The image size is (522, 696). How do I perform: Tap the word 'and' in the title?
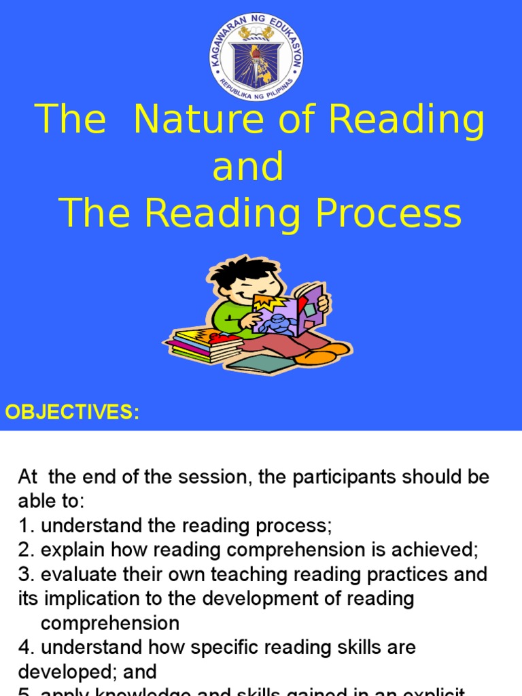coord(247,167)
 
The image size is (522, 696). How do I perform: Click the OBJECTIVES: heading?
coord(72,412)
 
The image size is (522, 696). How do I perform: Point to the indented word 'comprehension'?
coord(110,623)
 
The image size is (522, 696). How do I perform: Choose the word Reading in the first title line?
coord(408,121)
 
